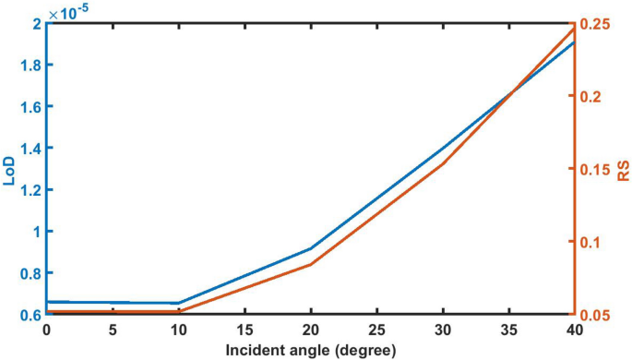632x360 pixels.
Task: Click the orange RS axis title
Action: pos(623,169)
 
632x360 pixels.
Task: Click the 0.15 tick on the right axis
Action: pos(595,169)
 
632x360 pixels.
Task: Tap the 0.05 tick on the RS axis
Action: pos(595,315)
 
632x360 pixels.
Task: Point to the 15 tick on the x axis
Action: pos(244,330)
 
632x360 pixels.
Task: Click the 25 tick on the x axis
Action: pos(376,330)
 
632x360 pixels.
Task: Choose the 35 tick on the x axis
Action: pos(507,330)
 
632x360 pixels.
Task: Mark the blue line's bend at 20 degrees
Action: pos(310,248)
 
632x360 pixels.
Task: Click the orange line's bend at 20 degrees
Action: pos(310,264)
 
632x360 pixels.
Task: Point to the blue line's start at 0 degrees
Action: pos(46,302)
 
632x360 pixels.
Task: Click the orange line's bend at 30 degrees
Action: pos(442,163)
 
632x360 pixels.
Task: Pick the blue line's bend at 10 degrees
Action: pos(178,303)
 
